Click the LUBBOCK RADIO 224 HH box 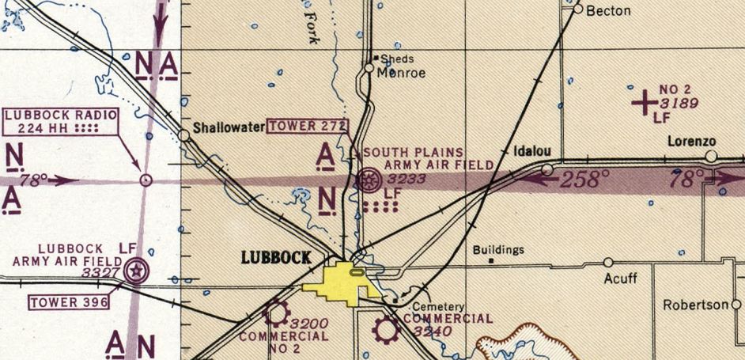point(62,121)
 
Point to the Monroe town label point(401,73)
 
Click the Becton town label point(608,10)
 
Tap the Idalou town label point(531,150)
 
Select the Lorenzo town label point(691,142)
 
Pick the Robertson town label point(690,304)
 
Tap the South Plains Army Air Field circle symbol point(368,180)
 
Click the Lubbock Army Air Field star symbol point(136,271)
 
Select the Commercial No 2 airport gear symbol point(276,313)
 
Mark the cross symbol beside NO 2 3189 point(645,100)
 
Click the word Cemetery point(442,306)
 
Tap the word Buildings point(498,250)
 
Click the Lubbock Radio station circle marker point(145,180)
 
